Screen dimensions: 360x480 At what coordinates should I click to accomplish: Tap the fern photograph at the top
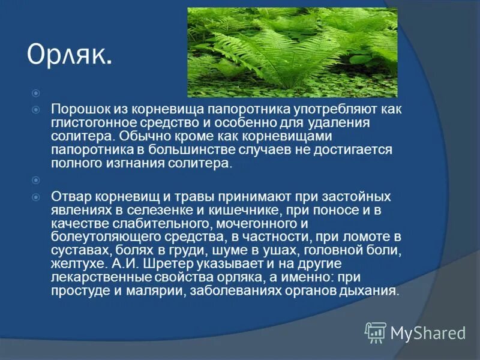coord(292,52)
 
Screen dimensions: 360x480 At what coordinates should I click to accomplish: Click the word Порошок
coord(77,110)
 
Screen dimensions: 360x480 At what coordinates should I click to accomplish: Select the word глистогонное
coord(87,123)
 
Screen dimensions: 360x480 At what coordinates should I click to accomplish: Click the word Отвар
coord(68,197)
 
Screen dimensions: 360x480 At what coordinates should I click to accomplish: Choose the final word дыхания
coord(372,290)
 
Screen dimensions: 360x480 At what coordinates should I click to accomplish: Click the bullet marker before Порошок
coord(36,110)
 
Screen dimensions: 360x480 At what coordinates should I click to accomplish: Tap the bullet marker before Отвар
coord(36,197)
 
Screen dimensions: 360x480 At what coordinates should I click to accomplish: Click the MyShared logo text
coord(427,332)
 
